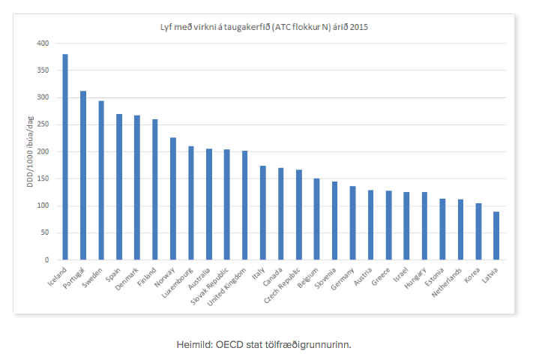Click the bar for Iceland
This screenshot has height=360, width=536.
point(65,157)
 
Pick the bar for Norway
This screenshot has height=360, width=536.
point(173,199)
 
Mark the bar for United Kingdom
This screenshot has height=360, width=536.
point(245,205)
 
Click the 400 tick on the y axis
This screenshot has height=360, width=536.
point(43,43)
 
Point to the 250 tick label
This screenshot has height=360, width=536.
point(43,124)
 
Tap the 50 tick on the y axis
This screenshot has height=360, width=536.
point(45,232)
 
